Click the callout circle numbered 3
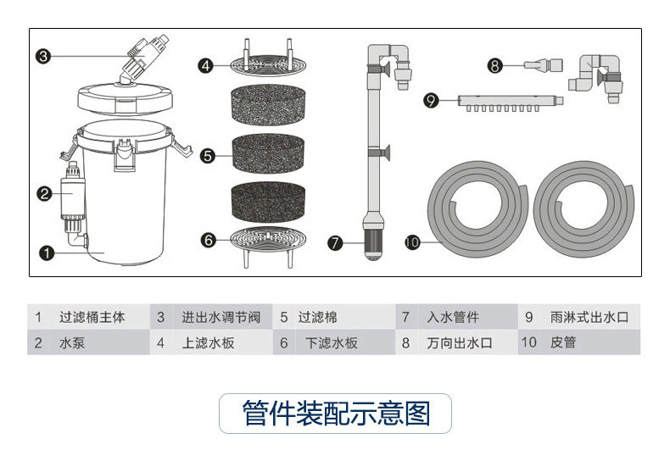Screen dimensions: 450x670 click(x=44, y=57)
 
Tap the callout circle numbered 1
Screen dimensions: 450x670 click(x=47, y=253)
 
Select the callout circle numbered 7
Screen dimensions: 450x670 click(x=336, y=242)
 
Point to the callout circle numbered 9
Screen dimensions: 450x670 click(x=432, y=101)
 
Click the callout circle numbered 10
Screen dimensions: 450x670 click(x=412, y=242)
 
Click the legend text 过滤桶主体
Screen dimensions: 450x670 click(x=92, y=318)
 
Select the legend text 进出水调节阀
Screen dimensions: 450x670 click(x=220, y=318)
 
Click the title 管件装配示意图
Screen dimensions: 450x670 click(x=336, y=414)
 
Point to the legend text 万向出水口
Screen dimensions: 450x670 click(x=458, y=343)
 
